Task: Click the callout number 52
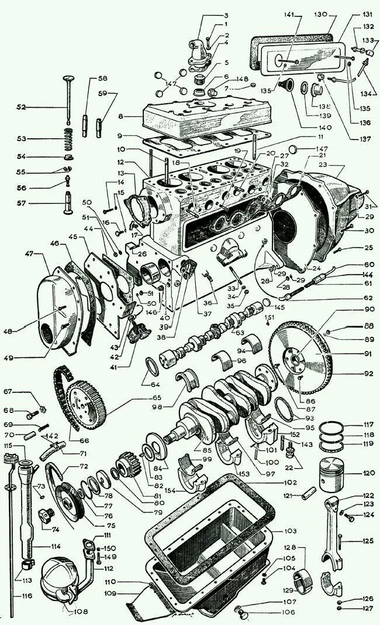click(x=21, y=107)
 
